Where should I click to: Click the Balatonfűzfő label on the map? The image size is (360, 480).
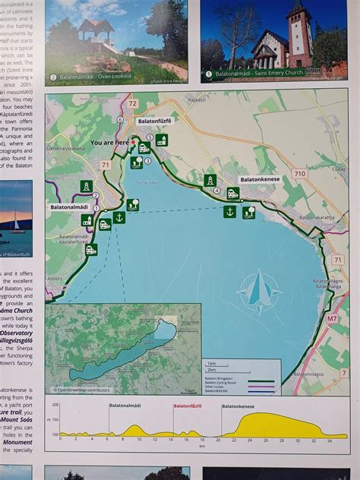(155, 121)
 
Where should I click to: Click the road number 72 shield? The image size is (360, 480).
(133, 103)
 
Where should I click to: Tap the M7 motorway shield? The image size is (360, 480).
(332, 319)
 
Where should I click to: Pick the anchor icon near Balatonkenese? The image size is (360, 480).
(229, 212)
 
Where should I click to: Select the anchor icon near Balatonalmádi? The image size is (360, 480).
(118, 218)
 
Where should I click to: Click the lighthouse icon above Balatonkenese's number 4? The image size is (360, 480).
(210, 181)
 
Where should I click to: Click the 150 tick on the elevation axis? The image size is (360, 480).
(53, 420)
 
